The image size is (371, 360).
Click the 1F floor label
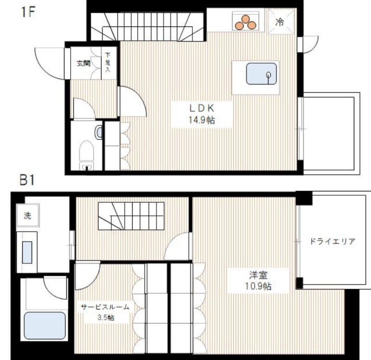(28, 12)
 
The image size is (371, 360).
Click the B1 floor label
(27, 180)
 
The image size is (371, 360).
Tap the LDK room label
(202, 108)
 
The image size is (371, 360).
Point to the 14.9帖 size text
(202, 120)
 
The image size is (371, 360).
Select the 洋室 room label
(258, 275)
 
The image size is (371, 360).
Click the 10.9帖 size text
(258, 286)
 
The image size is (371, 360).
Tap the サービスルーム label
(105, 307)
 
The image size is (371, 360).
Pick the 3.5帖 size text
(106, 317)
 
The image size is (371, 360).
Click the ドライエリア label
(333, 241)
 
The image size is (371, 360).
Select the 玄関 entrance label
(83, 63)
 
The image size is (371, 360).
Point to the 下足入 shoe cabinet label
(108, 62)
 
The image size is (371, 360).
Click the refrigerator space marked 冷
(282, 21)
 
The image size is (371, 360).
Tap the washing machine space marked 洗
(28, 215)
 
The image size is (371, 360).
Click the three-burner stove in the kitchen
(245, 21)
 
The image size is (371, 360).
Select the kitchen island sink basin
(261, 74)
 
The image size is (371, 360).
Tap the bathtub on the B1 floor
(45, 326)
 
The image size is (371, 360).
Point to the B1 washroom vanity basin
(27, 252)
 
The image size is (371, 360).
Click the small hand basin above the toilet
(99, 133)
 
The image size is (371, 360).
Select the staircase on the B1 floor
(131, 216)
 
